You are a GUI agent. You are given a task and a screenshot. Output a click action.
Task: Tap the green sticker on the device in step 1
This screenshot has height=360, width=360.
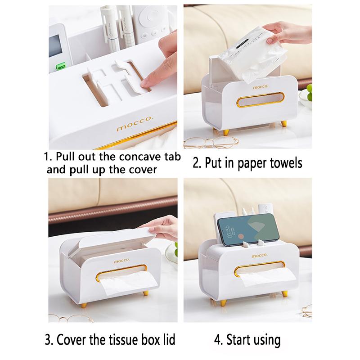[59, 67]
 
